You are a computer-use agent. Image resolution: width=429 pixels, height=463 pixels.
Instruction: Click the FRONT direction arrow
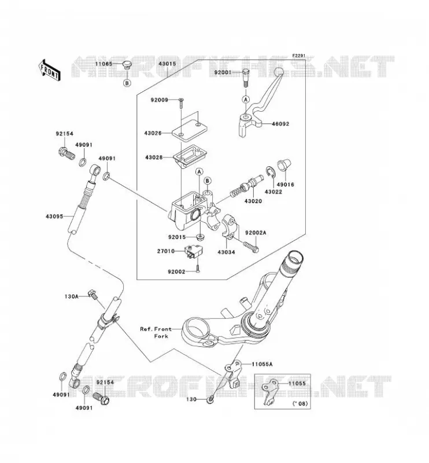[x=50, y=69]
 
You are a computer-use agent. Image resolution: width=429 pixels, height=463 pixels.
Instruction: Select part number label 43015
[x=167, y=64]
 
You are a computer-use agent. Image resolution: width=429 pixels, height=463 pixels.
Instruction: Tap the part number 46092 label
[x=280, y=124]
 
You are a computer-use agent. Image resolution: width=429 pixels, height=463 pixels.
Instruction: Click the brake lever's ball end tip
[x=279, y=71]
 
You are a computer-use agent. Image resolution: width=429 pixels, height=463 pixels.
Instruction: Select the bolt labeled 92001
[x=246, y=78]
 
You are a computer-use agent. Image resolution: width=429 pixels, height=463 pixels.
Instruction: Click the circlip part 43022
[x=271, y=172]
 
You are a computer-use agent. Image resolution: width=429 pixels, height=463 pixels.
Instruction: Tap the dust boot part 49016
[x=284, y=166]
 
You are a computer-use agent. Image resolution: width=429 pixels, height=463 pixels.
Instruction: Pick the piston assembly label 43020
[x=253, y=201]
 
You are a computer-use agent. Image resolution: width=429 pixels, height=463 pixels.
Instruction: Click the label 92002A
[x=256, y=233]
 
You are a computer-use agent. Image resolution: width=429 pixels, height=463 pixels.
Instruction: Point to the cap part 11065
[x=127, y=65]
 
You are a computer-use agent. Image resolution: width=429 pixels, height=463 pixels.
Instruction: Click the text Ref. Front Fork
[x=156, y=332]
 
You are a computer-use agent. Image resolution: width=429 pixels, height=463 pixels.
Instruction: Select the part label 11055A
[x=262, y=364]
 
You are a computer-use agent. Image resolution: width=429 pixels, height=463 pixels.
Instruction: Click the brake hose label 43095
[x=54, y=216]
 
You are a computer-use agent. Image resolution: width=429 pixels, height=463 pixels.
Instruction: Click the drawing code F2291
[x=298, y=56]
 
